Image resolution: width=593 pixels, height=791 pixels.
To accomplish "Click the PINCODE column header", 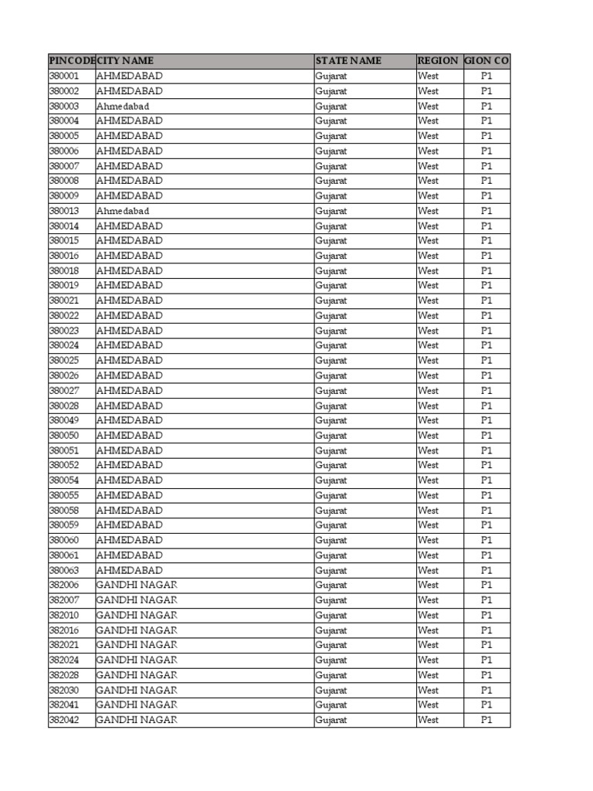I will [71, 61].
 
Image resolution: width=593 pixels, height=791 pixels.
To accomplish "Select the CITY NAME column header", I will [125, 61].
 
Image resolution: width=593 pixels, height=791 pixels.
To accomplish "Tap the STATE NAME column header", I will [348, 61].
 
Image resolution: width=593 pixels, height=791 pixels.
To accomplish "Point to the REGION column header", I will [438, 61].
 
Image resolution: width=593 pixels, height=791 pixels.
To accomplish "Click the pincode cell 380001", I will [64, 76].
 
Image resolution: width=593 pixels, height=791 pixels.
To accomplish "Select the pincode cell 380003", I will [64, 106].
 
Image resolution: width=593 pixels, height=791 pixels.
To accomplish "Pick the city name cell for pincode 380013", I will [123, 211].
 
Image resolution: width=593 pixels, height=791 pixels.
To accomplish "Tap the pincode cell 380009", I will [64, 196].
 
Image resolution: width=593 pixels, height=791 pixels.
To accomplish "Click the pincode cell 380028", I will [64, 406].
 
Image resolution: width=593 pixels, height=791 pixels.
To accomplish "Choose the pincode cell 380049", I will [64, 420].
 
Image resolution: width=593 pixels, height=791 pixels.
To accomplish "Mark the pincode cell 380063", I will [64, 570].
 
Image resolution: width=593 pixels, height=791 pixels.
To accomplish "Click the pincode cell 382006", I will [64, 585].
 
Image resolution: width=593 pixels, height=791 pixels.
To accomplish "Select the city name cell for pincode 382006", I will [137, 585].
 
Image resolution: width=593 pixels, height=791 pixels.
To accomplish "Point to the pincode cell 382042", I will [64, 720].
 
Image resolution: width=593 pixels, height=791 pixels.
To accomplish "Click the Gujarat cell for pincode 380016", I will [331, 256].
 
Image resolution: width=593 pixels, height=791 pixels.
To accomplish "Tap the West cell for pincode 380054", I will [428, 480].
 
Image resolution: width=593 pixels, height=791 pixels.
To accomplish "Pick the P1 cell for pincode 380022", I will [486, 316].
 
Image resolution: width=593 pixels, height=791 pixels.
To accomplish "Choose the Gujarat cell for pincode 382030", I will [331, 690].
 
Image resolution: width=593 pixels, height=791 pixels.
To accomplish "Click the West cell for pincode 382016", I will [428, 630].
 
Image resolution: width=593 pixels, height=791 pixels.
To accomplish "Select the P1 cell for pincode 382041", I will [486, 704].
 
